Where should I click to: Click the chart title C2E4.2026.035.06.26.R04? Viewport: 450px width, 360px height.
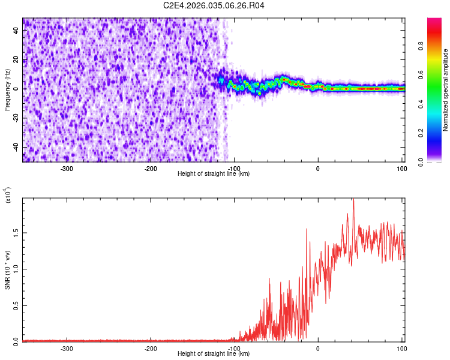[x=214, y=5]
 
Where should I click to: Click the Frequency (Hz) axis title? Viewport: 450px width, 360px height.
[x=7, y=91]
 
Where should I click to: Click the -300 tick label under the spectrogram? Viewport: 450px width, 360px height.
[x=67, y=169]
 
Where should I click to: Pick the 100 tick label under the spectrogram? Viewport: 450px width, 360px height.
[x=400, y=169]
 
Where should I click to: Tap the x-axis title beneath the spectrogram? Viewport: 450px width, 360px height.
[x=214, y=174]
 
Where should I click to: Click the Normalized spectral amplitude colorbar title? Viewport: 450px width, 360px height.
[x=446, y=90]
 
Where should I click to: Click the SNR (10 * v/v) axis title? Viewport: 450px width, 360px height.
[x=7, y=270]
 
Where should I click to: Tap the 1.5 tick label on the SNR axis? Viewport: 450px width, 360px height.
[x=16, y=232]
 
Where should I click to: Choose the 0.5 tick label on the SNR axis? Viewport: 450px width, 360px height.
[x=16, y=305]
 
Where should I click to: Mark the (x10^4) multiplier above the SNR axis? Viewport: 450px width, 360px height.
[x=8, y=196]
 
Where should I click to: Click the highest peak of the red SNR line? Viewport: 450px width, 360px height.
[x=353, y=200]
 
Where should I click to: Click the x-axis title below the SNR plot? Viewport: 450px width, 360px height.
[x=214, y=354]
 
